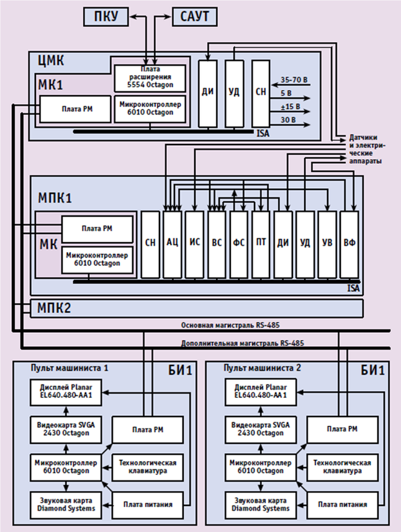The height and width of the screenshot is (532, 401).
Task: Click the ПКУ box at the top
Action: click(x=106, y=17)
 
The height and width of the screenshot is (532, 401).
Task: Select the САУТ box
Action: click(x=194, y=17)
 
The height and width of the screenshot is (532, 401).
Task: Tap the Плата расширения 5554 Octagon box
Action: click(x=150, y=78)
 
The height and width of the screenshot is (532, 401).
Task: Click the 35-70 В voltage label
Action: click(x=294, y=79)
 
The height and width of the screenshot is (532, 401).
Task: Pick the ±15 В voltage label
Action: click(x=290, y=106)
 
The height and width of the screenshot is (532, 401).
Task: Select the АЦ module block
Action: click(x=173, y=243)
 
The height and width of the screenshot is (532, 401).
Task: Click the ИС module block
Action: click(x=195, y=243)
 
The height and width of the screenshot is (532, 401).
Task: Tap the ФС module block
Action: click(x=239, y=243)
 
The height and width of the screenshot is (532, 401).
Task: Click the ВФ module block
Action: click(x=350, y=243)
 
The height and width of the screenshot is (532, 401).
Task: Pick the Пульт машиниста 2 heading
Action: click(x=261, y=368)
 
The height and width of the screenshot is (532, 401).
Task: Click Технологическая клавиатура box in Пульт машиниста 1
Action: click(x=148, y=467)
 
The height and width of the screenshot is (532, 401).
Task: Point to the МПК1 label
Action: click(x=55, y=198)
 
